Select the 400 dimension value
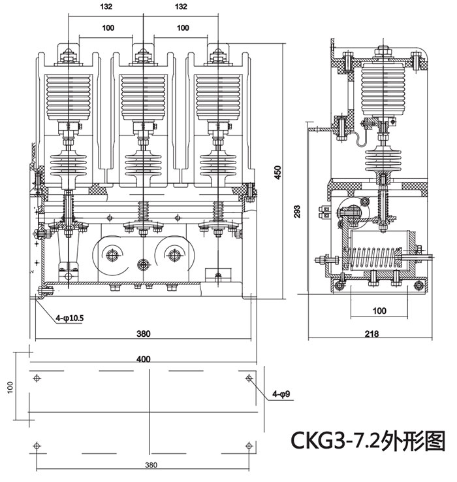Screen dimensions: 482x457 144,358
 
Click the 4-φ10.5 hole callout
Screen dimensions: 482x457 70,318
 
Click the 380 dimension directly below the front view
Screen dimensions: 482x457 144,334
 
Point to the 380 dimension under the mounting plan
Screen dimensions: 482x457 151,466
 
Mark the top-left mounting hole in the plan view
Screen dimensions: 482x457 37,377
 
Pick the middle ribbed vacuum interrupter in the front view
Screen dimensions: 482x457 143,98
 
